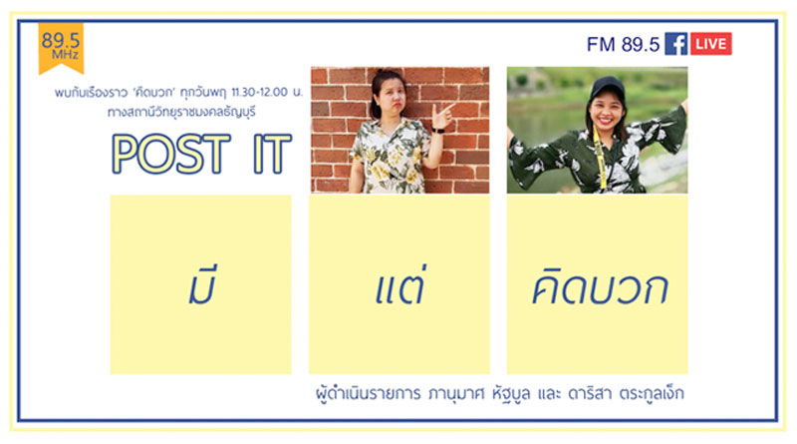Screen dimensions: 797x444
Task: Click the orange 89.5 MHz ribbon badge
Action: [61, 47]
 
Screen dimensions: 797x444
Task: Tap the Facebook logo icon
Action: [676, 44]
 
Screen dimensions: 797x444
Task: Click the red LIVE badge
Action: [710, 44]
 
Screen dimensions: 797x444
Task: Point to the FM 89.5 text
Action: [623, 44]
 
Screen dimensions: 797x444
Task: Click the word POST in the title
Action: [171, 154]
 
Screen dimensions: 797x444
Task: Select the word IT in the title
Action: [272, 154]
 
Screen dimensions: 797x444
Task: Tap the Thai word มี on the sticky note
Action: [202, 285]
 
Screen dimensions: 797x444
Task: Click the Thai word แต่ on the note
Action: [399, 286]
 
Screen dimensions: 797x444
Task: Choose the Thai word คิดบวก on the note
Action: [600, 287]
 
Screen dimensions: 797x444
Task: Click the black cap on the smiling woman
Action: [608, 87]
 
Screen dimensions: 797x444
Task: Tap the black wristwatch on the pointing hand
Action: [437, 131]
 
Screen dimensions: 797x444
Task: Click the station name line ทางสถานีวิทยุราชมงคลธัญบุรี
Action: [181, 112]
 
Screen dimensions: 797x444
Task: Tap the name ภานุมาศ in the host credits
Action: [456, 393]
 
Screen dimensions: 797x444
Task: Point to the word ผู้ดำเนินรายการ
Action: [368, 393]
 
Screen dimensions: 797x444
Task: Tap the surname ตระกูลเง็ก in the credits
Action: [652, 393]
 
